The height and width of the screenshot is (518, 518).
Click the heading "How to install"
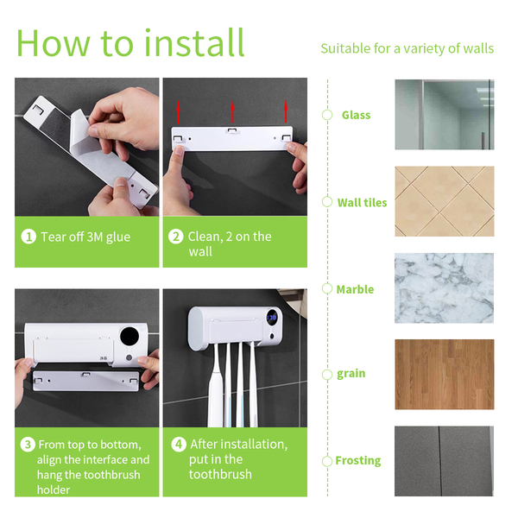tap(130, 43)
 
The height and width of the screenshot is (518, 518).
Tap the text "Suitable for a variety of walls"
tap(407, 48)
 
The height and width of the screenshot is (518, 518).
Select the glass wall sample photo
tap(445, 115)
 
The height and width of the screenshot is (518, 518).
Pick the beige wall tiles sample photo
tap(445, 201)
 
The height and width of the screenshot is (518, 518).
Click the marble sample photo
tap(445, 288)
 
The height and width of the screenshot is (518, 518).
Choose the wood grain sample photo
tap(445, 375)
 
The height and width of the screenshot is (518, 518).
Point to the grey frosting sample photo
tap(445, 461)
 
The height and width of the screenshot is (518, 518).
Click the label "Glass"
tap(356, 115)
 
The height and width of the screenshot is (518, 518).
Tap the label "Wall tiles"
tap(362, 202)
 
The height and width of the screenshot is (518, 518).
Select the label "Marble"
tap(355, 289)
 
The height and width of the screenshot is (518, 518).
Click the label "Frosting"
tap(358, 460)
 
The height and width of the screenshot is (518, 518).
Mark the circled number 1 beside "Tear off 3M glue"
tap(28, 237)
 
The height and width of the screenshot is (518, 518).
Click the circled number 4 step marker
tap(179, 444)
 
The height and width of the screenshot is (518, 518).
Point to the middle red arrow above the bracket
tap(232, 111)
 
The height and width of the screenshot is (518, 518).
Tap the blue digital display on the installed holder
tap(272, 318)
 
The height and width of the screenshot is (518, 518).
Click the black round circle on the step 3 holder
tap(129, 337)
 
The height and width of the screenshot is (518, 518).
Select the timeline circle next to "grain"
tap(327, 375)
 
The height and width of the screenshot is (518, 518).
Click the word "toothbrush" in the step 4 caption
tap(220, 474)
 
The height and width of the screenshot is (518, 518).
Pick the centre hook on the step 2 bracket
tap(232, 130)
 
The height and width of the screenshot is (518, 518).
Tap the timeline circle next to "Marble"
tap(327, 288)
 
